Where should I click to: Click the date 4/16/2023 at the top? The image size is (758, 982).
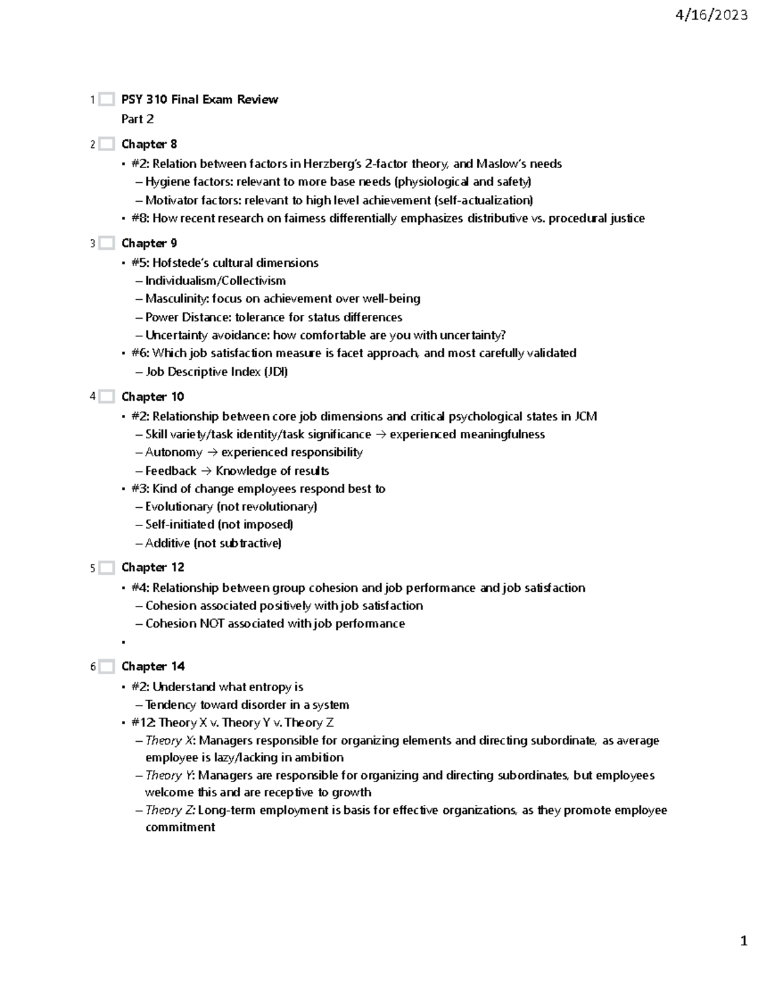711,16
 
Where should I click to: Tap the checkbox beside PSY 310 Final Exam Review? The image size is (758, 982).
107,99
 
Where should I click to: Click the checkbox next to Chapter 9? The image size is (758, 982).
107,243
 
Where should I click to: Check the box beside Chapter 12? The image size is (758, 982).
107,568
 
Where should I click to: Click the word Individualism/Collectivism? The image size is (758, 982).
215,281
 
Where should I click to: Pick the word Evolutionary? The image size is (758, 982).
179,506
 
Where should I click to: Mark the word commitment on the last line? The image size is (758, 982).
180,827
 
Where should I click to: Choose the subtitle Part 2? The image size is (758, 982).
137,119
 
